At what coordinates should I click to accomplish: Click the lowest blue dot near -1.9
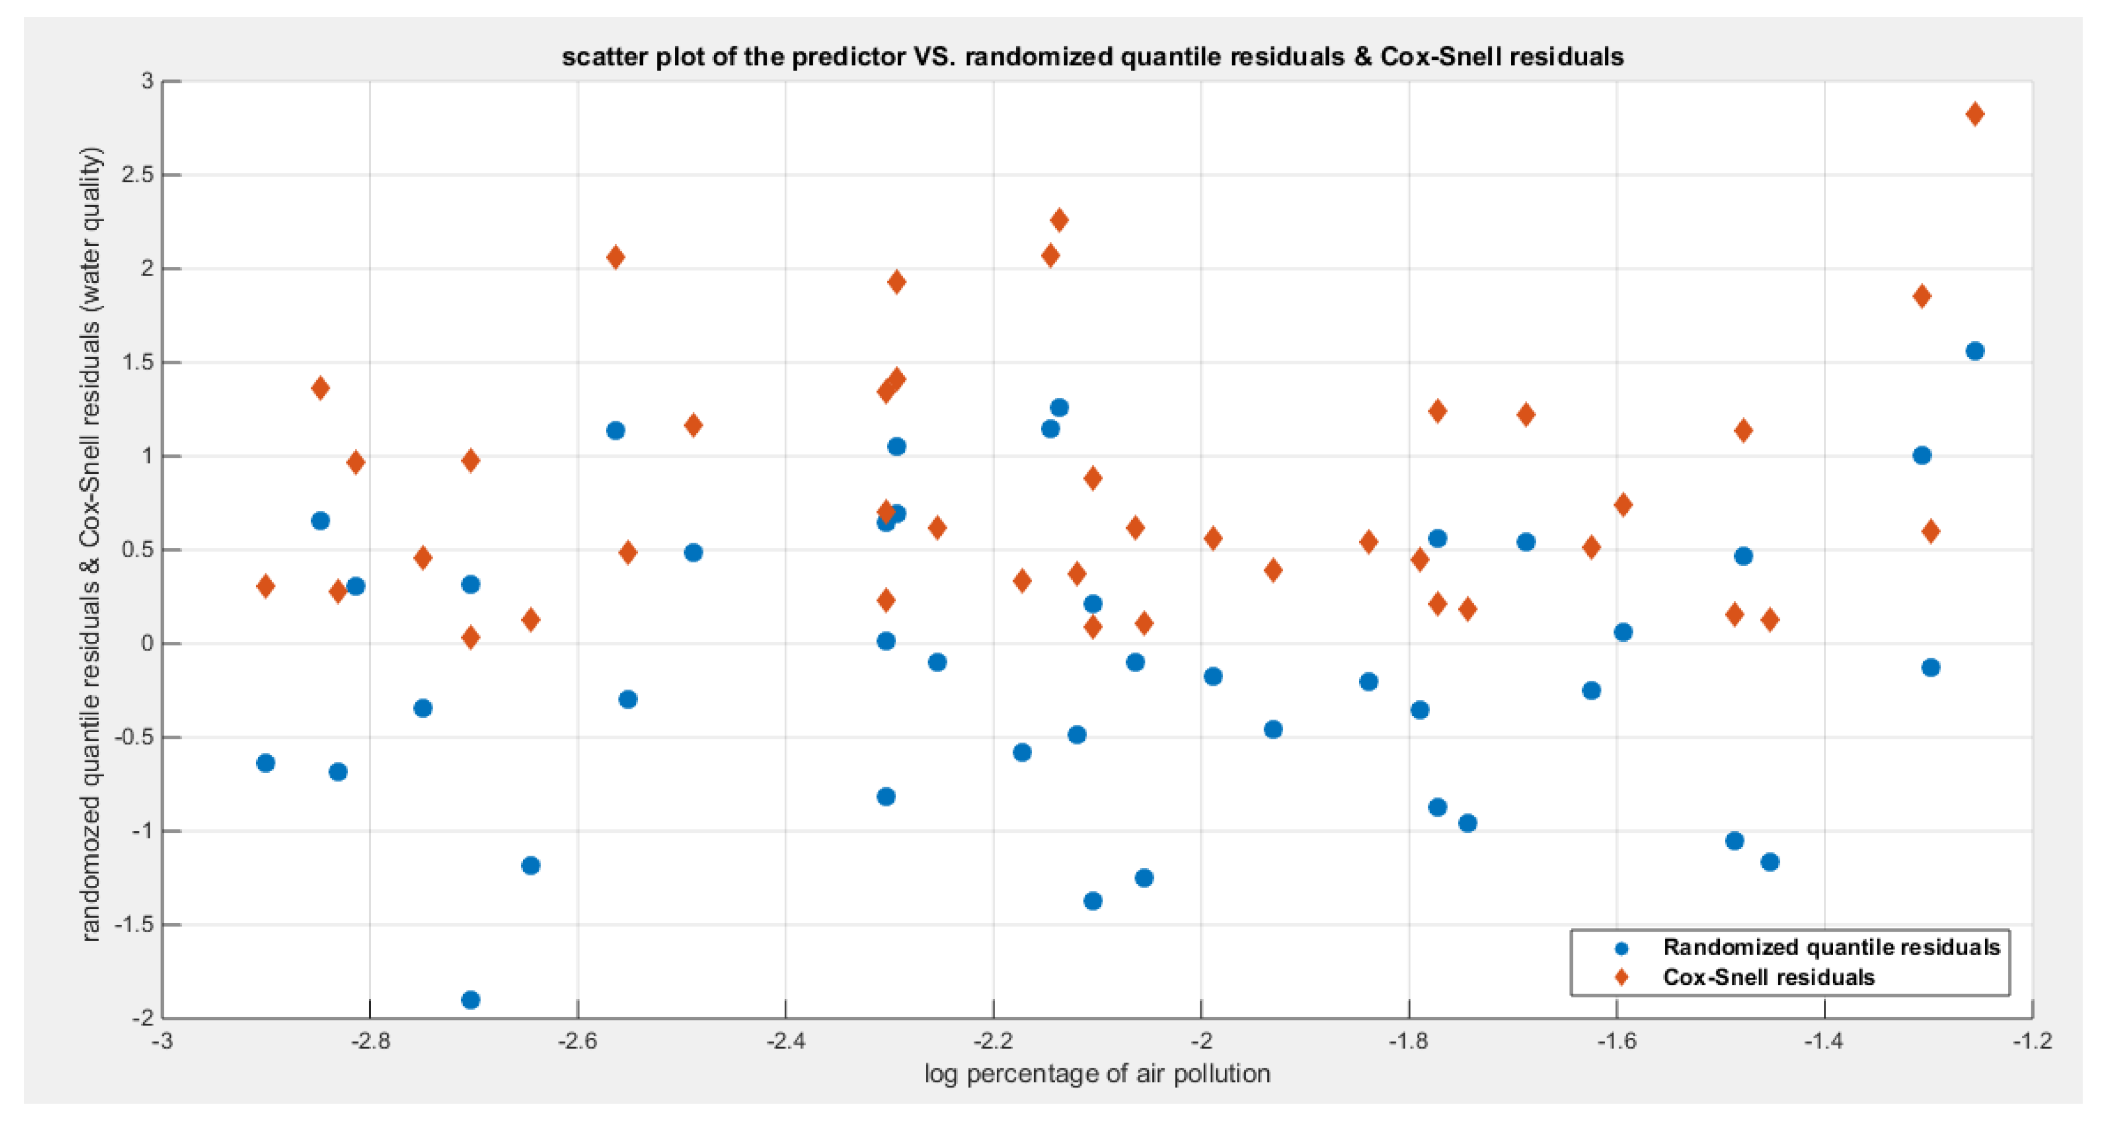470,1000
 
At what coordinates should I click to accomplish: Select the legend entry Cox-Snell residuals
1768,977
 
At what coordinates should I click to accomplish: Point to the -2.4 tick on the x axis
785,1041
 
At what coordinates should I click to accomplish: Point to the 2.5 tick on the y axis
137,174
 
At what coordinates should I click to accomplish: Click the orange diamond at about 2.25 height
1059,219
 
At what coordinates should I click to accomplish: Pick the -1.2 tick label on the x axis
2031,1041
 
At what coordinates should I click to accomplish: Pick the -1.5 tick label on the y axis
134,925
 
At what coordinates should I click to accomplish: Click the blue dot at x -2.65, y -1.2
530,865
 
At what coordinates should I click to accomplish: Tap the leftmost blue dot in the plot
265,763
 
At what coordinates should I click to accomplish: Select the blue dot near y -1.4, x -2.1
1093,901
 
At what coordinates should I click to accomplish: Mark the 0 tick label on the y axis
147,644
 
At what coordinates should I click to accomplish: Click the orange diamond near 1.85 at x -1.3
1922,296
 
